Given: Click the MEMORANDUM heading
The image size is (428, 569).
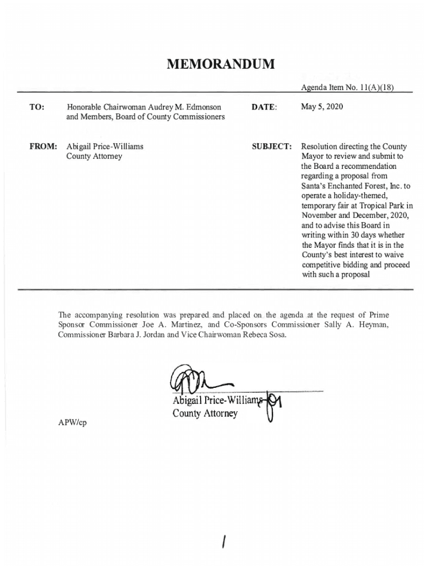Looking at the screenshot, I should pos(221,64).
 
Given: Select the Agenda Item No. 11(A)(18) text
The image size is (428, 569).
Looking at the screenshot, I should pos(347,87).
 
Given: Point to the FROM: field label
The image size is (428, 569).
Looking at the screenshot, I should pos(43,147).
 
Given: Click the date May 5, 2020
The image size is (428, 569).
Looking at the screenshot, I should pos(322,106).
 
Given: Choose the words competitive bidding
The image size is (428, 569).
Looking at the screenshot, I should pos(335,265).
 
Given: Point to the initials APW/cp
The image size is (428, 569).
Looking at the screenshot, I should pos(73,422).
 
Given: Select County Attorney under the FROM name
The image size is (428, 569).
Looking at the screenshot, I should pos(94,157).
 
